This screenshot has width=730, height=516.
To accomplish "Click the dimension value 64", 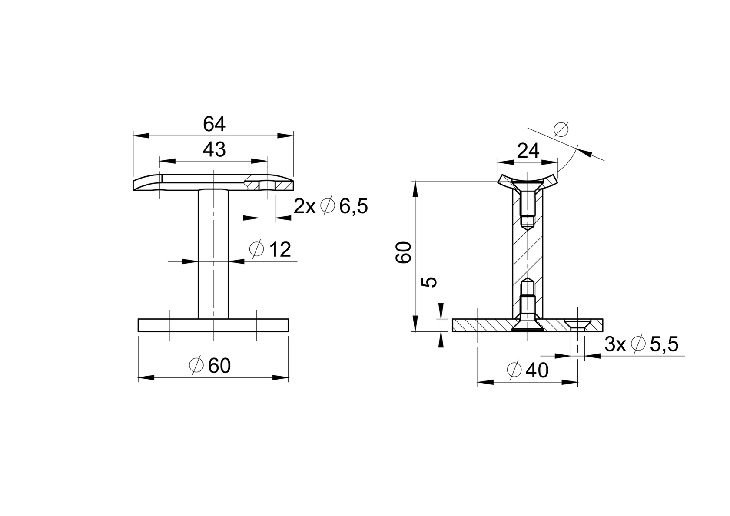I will (x=214, y=125).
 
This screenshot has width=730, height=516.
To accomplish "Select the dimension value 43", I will (x=214, y=150).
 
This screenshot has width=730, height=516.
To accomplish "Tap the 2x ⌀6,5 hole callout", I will (x=331, y=206).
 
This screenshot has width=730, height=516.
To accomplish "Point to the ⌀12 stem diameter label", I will (x=270, y=249).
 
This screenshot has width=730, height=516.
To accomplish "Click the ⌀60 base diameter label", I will (x=210, y=366).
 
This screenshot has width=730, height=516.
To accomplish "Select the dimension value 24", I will (x=528, y=151).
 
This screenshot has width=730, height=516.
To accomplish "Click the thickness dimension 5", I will (x=429, y=282).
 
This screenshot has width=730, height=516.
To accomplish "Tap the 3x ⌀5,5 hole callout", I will (x=641, y=344).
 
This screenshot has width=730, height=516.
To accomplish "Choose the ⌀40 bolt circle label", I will (x=528, y=370).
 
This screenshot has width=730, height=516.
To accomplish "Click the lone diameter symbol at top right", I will (x=561, y=129).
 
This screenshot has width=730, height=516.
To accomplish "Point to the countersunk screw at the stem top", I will (x=527, y=204).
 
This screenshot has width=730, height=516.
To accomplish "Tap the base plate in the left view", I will (x=213, y=325).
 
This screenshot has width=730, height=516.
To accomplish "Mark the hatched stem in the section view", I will (x=527, y=252).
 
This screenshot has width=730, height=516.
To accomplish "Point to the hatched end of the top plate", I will (x=284, y=185).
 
